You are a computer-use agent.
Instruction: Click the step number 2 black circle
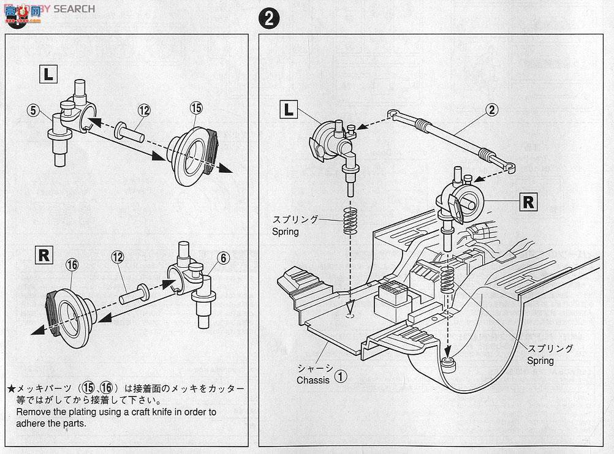tap(268, 18)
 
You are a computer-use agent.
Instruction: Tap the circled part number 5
tap(33, 111)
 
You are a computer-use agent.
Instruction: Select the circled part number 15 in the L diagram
tap(195, 108)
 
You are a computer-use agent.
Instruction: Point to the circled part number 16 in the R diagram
tap(71, 265)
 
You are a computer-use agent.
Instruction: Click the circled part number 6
tap(223, 258)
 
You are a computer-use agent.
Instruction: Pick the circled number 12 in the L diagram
tap(143, 110)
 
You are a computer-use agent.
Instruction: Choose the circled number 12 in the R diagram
tap(118, 258)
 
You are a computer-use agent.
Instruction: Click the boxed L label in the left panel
tap(49, 75)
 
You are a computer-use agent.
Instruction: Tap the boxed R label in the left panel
tap(44, 255)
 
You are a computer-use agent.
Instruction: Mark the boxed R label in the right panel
tap(528, 202)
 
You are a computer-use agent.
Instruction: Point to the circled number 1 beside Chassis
tap(340, 376)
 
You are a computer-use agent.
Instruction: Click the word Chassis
tap(313, 380)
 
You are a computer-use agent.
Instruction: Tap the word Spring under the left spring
tap(286, 232)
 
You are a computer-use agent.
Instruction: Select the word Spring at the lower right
tap(540, 361)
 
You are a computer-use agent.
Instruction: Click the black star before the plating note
tap(10, 389)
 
